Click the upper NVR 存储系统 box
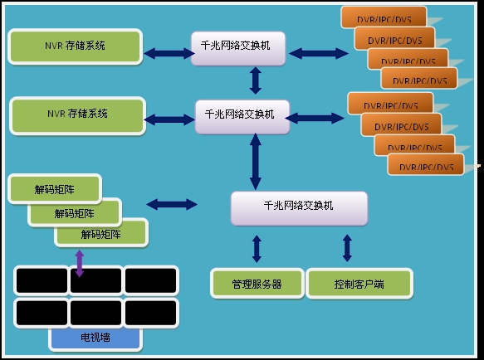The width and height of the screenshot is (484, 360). pyautogui.click(x=76, y=46)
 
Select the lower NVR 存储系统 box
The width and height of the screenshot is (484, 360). pyautogui.click(x=77, y=114)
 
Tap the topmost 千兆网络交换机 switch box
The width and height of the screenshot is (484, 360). pyautogui.click(x=241, y=48)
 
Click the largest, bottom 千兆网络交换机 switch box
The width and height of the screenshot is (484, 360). pyautogui.click(x=298, y=207)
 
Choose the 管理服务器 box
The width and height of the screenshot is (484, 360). pyautogui.click(x=257, y=284)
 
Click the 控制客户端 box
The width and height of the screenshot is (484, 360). pyautogui.click(x=359, y=284)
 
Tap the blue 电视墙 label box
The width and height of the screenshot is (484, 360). pyautogui.click(x=95, y=338)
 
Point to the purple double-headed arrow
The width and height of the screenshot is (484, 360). pyautogui.click(x=80, y=261)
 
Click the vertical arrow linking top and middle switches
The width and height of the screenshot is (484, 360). pyautogui.click(x=256, y=80)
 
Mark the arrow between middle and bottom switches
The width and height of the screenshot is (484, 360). pyautogui.click(x=256, y=161)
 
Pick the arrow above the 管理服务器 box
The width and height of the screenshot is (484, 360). pyautogui.click(x=257, y=249)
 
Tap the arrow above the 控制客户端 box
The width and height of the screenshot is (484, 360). pyautogui.click(x=347, y=247)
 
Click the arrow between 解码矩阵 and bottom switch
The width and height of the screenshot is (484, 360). pyautogui.click(x=172, y=203)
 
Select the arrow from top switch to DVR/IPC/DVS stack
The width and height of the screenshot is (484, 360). pyautogui.click(x=318, y=54)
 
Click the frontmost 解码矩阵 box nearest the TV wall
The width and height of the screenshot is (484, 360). pyautogui.click(x=101, y=234)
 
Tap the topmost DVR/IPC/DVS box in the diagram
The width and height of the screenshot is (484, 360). pyautogui.click(x=384, y=17)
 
